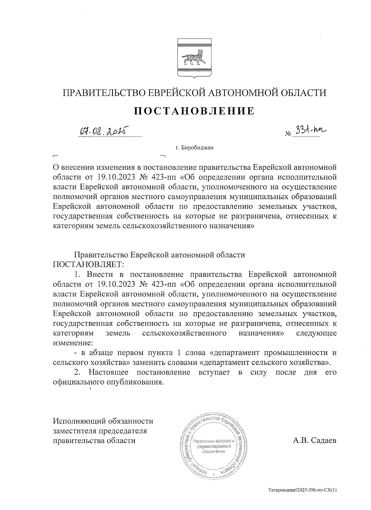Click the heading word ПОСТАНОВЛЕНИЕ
click(x=194, y=111)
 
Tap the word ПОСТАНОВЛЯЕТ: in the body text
click(x=89, y=264)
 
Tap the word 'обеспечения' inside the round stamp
click(x=214, y=452)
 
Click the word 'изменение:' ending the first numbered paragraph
click(x=73, y=343)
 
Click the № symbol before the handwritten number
click(x=288, y=134)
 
